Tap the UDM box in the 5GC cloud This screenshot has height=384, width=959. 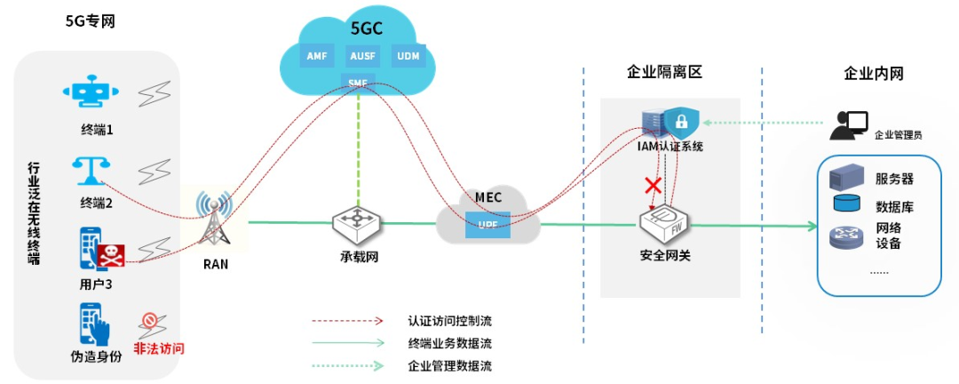coord(408,56)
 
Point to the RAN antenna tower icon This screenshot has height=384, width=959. coord(213,220)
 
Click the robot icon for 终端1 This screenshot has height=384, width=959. coord(91,95)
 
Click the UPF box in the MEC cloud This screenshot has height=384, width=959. coord(487,223)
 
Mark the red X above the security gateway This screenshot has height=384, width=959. coord(654,186)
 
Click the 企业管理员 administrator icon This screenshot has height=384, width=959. coord(848,125)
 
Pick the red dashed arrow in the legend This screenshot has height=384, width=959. coord(347,320)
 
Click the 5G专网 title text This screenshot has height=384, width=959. coord(91,20)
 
